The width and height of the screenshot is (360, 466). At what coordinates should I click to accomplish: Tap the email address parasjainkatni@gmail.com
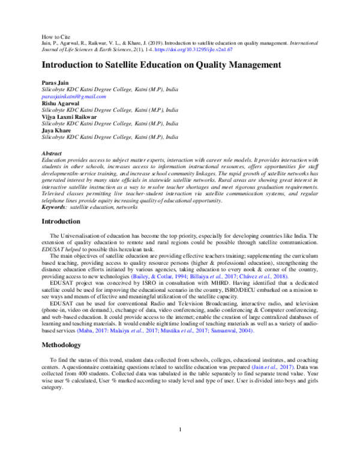[74, 96]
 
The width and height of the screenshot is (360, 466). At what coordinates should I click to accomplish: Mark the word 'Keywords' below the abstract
[54, 208]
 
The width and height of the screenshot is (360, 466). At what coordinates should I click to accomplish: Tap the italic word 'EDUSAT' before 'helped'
[52, 249]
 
